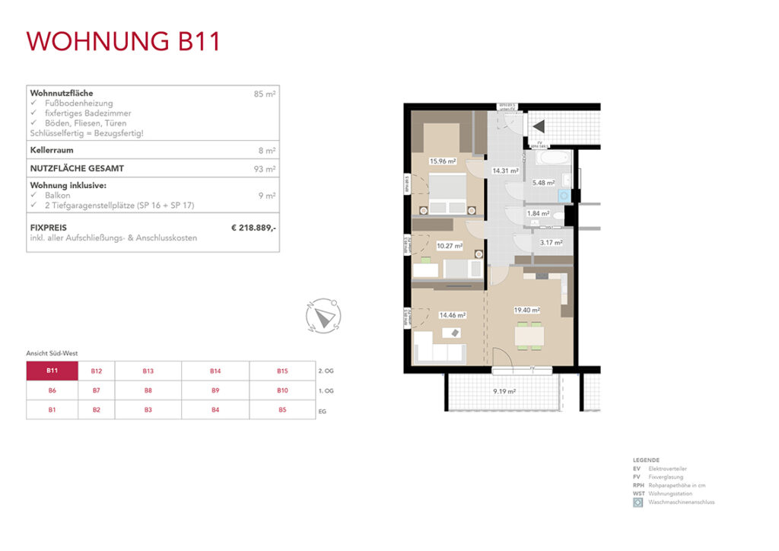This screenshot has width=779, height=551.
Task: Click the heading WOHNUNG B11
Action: coord(123,41)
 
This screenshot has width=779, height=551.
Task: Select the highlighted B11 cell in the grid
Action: coord(52,371)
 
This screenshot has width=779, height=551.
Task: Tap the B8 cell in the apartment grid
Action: coord(148,390)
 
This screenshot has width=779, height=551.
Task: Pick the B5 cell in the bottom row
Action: coord(282,409)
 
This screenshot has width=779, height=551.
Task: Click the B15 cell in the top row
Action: coord(282,371)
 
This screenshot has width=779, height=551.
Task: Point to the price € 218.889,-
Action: coord(253,227)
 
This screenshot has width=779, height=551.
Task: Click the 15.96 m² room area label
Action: coord(442,161)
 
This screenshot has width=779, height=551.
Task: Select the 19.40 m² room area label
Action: coord(526,311)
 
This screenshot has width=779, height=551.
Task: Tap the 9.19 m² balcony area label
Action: coord(504,391)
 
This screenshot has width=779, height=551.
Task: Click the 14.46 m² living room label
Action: coord(452,314)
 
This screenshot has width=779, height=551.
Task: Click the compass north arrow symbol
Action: coord(324,314)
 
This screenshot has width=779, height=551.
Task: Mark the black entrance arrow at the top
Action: coord(539,126)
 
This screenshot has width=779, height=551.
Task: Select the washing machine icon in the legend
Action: coord(638,502)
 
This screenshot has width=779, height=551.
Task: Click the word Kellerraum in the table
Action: coord(51,151)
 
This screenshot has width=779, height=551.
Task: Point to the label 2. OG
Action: coord(326,371)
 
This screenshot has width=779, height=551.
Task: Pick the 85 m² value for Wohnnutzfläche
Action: coord(265,94)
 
